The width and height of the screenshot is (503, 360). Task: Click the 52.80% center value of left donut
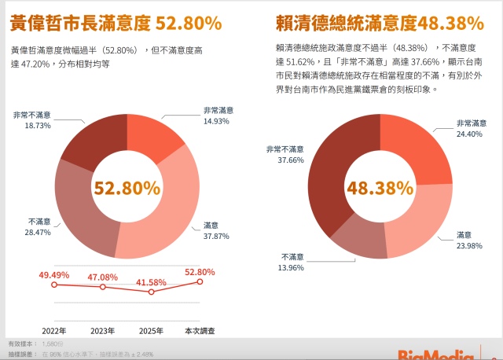pos(127,188)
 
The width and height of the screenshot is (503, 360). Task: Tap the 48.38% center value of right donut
pos(380,188)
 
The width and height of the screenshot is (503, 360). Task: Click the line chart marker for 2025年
pos(151,292)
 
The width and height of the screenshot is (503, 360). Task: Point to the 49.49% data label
pos(55,274)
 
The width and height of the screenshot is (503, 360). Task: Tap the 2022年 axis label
pos(53,330)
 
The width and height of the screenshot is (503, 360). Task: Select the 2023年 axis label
pos(102,330)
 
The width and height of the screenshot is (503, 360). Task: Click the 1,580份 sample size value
pos(54,344)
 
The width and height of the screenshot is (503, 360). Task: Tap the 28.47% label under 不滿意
pos(39,233)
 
